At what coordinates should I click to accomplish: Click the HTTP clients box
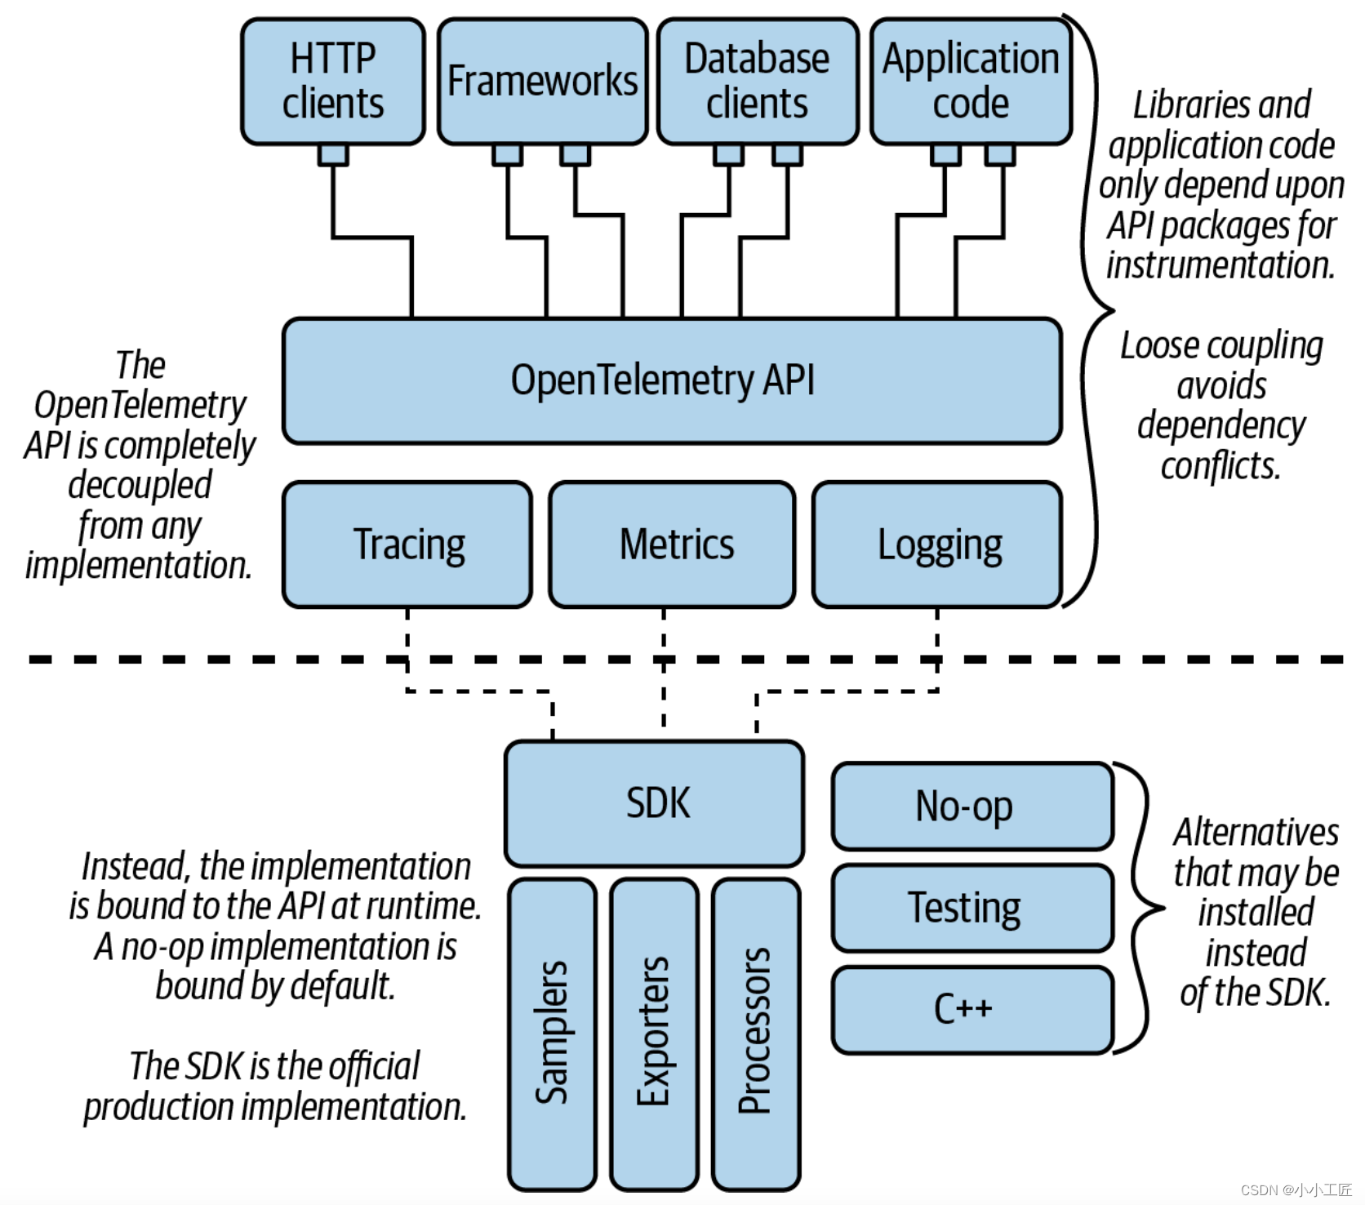[x=333, y=82]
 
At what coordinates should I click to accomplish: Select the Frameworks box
[x=542, y=82]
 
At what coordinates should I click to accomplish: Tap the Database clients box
[x=757, y=82]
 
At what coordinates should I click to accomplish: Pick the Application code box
[x=970, y=82]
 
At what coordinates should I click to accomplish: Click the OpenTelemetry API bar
[x=671, y=380]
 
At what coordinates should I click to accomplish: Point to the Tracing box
[x=407, y=545]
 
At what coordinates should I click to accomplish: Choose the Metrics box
[x=672, y=545]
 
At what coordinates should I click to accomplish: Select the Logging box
[x=937, y=545]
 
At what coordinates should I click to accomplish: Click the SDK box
[x=654, y=803]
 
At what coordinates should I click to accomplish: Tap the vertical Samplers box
[x=552, y=1034]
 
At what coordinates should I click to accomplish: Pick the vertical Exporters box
[x=654, y=1034]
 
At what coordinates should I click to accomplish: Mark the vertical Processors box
[x=756, y=1034]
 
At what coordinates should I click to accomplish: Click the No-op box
[x=972, y=807]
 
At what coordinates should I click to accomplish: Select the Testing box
[x=972, y=908]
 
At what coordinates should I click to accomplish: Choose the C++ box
[x=972, y=1009]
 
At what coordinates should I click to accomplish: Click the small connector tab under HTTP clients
[x=333, y=154]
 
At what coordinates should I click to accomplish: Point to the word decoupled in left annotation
[x=140, y=485]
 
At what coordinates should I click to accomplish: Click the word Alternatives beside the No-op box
[x=1256, y=833]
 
